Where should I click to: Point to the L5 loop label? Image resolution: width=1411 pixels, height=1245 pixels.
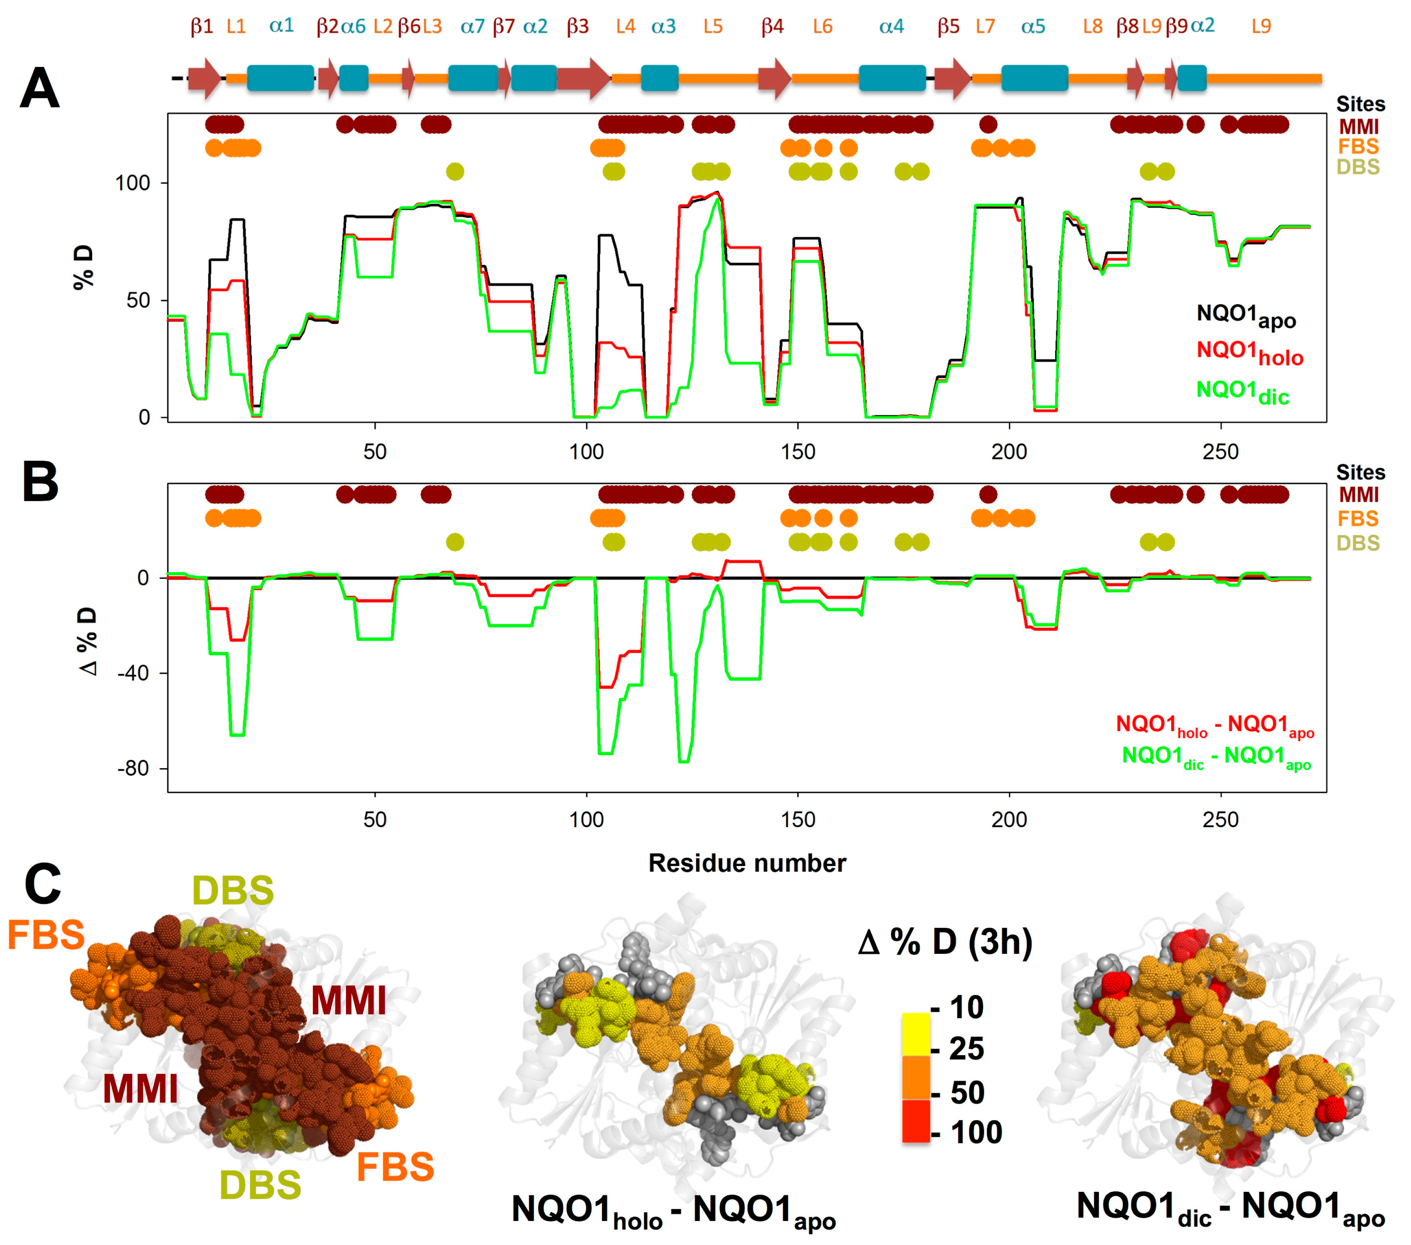[x=713, y=27]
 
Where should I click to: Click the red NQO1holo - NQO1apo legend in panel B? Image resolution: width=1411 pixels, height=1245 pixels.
[x=1214, y=725]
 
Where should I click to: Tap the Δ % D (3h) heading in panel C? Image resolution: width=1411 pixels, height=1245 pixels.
[x=945, y=943]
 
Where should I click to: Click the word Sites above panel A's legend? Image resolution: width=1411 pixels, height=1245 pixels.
[x=1360, y=104]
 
